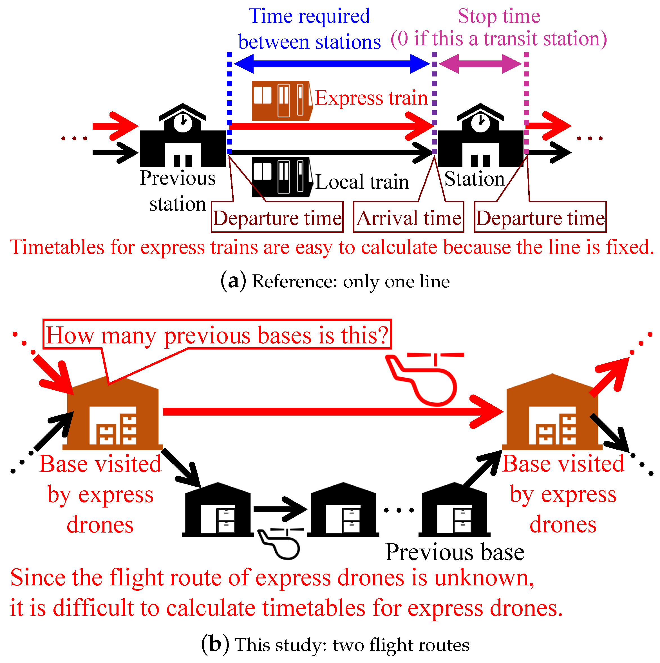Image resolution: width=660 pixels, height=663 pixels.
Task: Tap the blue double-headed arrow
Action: click(x=332, y=64)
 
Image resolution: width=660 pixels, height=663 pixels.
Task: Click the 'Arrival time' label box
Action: click(x=408, y=218)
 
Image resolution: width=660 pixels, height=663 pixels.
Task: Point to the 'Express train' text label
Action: click(x=371, y=98)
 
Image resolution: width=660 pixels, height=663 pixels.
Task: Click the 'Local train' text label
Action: click(x=362, y=182)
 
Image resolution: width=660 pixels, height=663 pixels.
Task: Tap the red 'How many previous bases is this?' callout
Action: click(x=217, y=335)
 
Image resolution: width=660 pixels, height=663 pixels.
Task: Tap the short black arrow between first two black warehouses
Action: click(x=280, y=509)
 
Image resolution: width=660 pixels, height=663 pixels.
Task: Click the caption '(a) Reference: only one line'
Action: click(x=335, y=281)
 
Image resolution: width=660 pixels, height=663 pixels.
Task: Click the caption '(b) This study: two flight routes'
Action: click(x=335, y=644)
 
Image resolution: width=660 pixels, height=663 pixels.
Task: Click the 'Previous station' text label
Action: click(x=178, y=191)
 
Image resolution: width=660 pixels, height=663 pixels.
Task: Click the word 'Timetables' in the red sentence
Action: click(x=57, y=247)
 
